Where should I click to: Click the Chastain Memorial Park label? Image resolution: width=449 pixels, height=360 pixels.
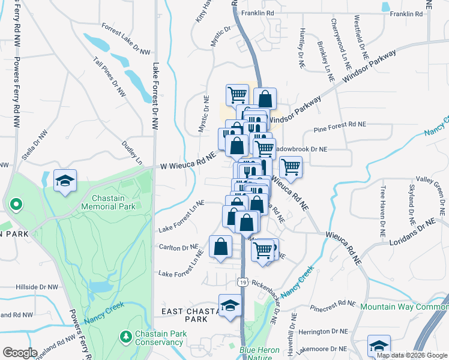113,202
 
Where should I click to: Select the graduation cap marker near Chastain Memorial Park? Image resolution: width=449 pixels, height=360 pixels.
65,181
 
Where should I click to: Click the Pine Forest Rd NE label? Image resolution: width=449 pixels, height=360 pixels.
340,125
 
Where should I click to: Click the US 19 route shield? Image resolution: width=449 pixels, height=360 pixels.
242,281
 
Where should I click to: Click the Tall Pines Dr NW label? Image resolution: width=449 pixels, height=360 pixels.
110,77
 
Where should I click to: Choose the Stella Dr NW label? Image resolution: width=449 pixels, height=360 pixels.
35,146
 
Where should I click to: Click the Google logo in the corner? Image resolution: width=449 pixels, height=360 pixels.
20,353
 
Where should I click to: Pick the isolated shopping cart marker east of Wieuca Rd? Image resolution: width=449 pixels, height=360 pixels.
291,168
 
